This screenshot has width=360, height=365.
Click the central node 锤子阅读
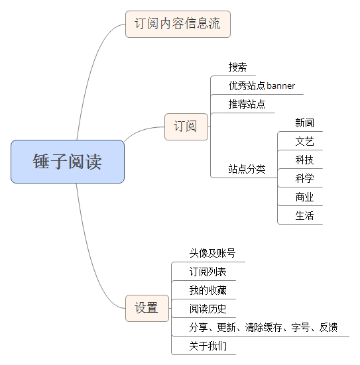pos(68,162)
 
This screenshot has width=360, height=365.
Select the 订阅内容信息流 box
pos(178,24)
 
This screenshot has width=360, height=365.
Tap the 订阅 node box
pos(186,127)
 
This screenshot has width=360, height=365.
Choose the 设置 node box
pos(147,308)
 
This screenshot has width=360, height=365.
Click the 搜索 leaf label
pos(237,67)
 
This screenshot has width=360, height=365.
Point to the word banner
pos(281,85)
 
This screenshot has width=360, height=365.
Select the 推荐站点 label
pos(247,104)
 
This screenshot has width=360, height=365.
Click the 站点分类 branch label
pos(247,169)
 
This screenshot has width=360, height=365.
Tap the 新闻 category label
pos(304,123)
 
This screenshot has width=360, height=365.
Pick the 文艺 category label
pos(304,141)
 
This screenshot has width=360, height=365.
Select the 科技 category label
pos(304,160)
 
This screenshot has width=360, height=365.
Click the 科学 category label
pos(304,179)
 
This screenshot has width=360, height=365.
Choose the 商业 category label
pos(304,197)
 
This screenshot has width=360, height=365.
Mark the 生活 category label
pos(304,215)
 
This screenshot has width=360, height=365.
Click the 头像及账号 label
pos(212,253)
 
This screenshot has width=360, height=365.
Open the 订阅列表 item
pos(208,272)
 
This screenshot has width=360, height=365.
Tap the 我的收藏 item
pos(208,290)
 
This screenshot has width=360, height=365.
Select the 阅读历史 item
pos(208,309)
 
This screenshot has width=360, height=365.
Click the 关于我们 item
pos(208,346)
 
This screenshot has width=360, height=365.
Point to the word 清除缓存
pos(263,327)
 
